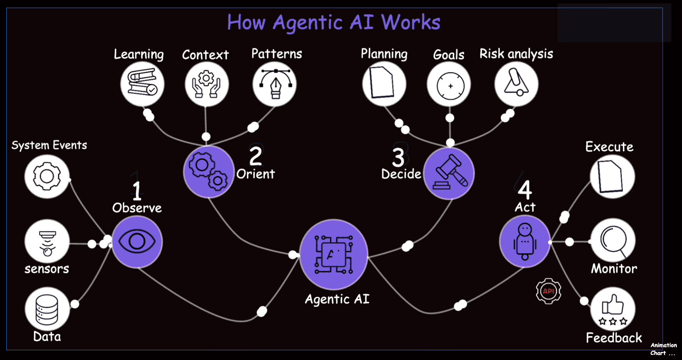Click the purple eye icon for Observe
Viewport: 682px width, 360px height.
137,242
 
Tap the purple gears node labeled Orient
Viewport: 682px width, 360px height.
208,172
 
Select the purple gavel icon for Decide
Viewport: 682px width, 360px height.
449,173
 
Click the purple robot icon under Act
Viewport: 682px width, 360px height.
525,241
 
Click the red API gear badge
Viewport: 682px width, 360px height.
548,291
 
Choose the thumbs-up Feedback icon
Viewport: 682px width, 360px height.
613,309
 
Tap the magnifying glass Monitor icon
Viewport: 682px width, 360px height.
613,241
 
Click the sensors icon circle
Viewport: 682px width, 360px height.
47,241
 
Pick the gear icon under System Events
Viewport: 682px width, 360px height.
47,176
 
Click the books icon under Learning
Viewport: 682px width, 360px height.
142,83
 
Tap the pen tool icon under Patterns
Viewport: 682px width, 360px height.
275,83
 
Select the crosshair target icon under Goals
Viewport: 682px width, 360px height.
450,85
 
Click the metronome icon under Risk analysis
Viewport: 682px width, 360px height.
516,83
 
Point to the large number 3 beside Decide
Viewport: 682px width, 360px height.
398,158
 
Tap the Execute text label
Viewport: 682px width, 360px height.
609,147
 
